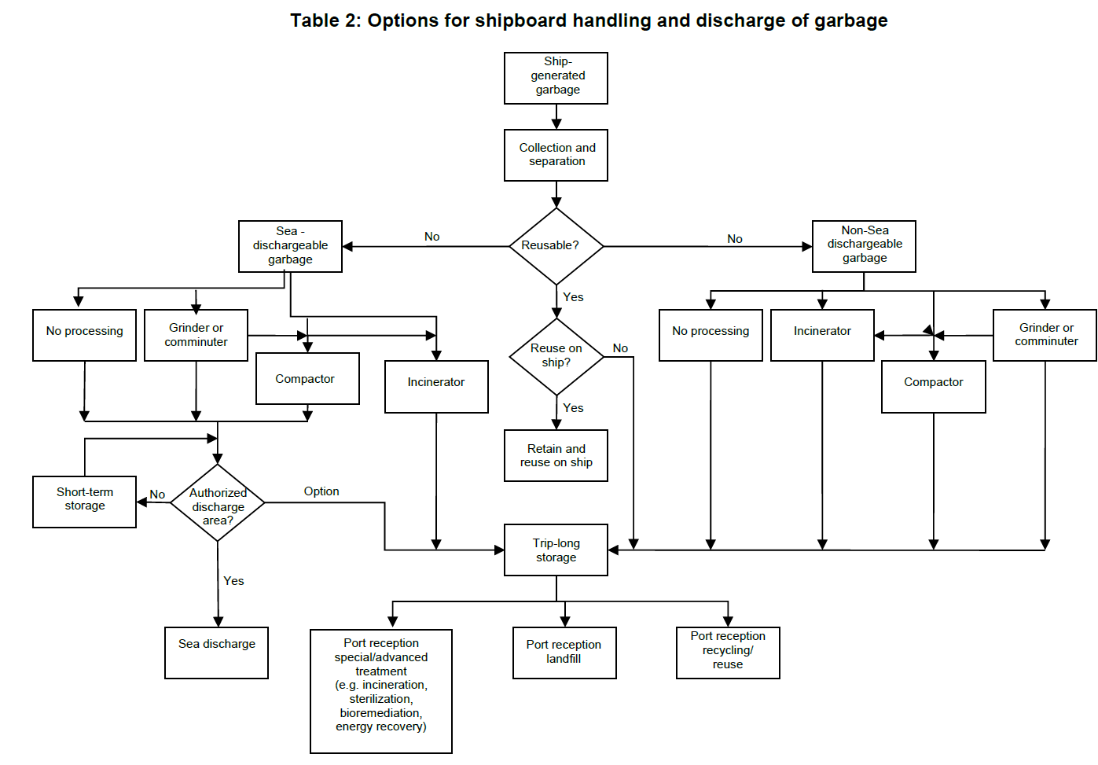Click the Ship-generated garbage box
click(x=556, y=78)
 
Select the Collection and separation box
click(x=556, y=155)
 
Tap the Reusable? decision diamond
click(x=556, y=246)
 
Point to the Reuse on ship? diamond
click(x=556, y=356)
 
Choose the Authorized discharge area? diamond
click(x=218, y=503)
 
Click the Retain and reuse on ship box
click(x=556, y=455)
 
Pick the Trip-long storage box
click(x=556, y=550)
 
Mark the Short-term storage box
click(x=84, y=502)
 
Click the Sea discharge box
click(x=217, y=653)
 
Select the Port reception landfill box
click(x=564, y=653)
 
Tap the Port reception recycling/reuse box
click(x=728, y=652)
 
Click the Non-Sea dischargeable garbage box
click(x=864, y=246)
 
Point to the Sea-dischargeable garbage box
click(x=290, y=246)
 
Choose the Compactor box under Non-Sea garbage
click(x=933, y=386)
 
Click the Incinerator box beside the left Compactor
click(x=436, y=386)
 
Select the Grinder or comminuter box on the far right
click(x=1045, y=335)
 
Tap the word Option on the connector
click(x=321, y=491)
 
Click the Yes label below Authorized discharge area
click(x=233, y=581)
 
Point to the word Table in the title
click(x=314, y=20)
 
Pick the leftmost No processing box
click(x=84, y=335)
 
